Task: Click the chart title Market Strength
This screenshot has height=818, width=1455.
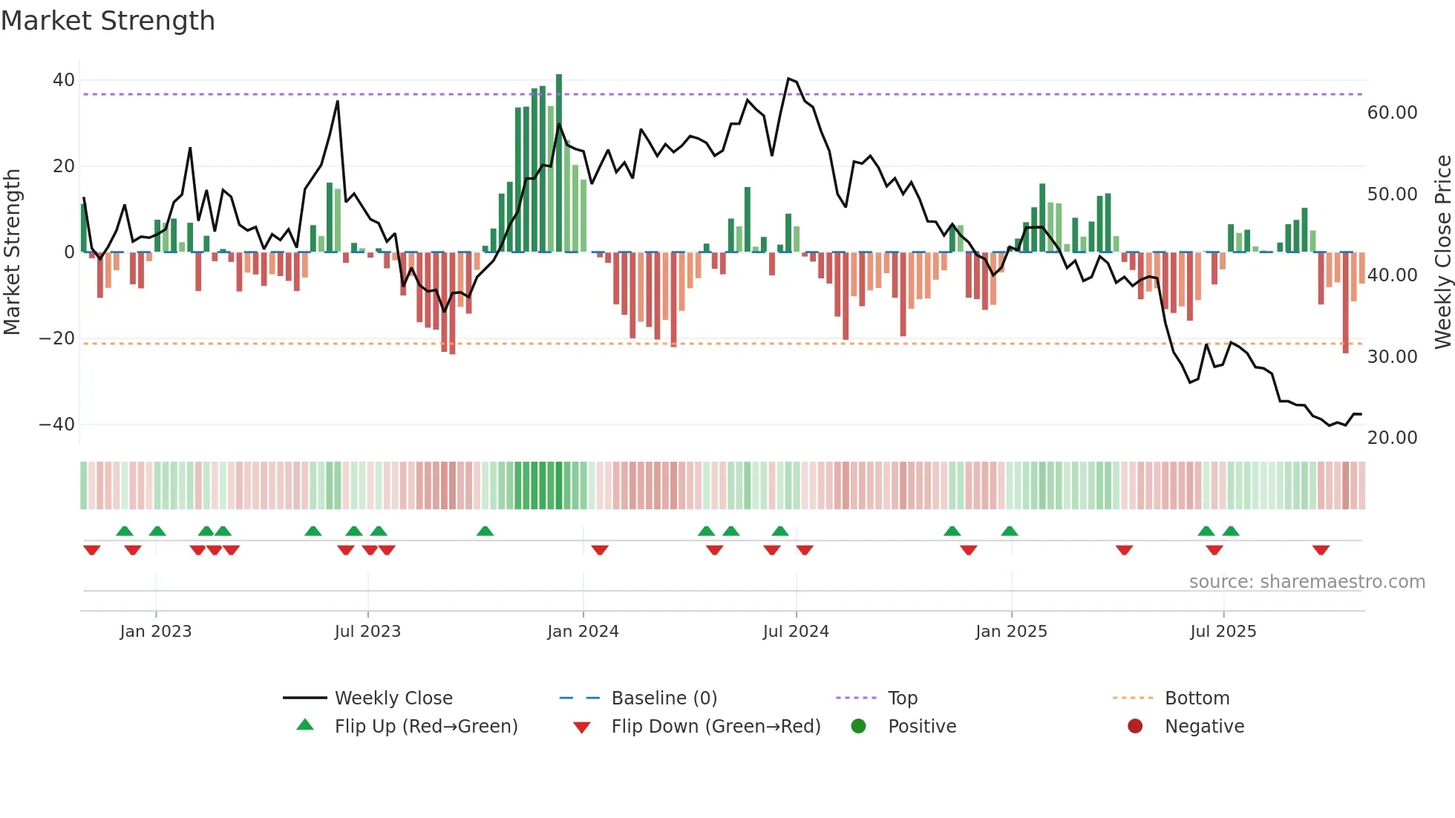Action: (x=108, y=21)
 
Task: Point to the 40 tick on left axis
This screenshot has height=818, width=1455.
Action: (x=64, y=80)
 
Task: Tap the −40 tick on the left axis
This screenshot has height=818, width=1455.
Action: (x=57, y=425)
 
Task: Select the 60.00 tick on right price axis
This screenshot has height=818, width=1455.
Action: (x=1392, y=113)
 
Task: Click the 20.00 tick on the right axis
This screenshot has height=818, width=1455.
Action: (x=1392, y=438)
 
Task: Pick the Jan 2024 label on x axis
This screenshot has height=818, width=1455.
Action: (x=583, y=632)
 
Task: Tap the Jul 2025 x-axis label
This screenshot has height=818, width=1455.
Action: (x=1223, y=632)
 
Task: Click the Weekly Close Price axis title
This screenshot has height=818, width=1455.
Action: (x=1442, y=252)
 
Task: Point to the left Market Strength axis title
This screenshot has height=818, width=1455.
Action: (x=12, y=252)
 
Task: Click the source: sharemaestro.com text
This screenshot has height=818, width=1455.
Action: (x=1307, y=582)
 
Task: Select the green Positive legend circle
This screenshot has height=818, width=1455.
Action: (x=859, y=727)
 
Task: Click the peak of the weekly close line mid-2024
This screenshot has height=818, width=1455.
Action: (x=788, y=79)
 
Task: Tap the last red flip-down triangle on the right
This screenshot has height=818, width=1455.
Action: (x=1321, y=550)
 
